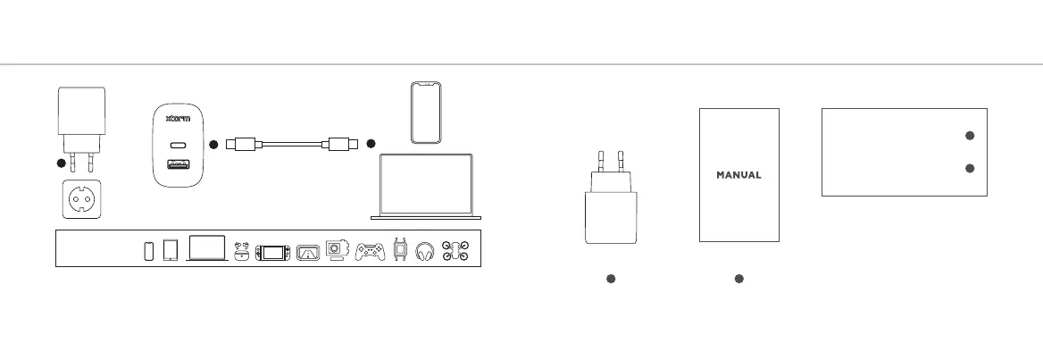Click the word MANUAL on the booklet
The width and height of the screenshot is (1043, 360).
738,175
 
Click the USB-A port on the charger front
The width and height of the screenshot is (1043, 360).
176,164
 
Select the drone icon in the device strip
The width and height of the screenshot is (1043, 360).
455,251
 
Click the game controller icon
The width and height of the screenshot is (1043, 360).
371,252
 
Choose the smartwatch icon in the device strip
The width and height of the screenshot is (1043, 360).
400,251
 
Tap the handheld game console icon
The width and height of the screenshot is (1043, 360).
271,252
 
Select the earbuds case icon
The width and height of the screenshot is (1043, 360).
241,252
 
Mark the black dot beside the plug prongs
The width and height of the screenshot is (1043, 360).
60,163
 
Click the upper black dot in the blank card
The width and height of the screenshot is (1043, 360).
969,135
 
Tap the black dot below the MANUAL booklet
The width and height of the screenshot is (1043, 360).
739,280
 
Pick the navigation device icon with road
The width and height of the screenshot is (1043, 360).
308,252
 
